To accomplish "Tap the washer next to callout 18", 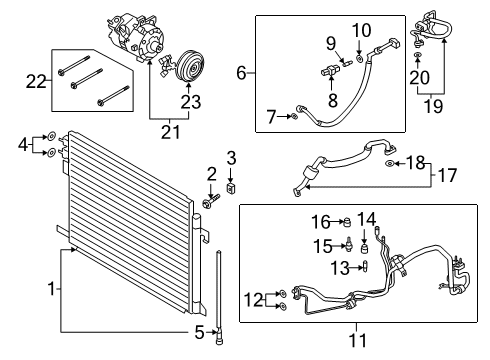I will click(x=389, y=163).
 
